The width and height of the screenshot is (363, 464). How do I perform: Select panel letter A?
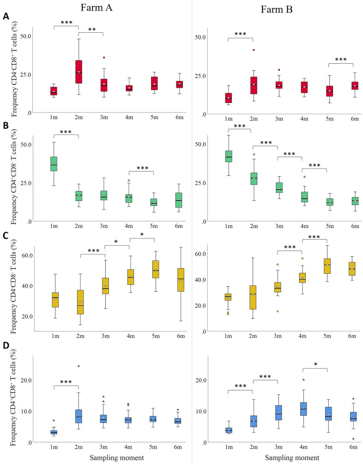point(6,16)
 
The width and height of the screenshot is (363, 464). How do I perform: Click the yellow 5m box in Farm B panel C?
point(327,266)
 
